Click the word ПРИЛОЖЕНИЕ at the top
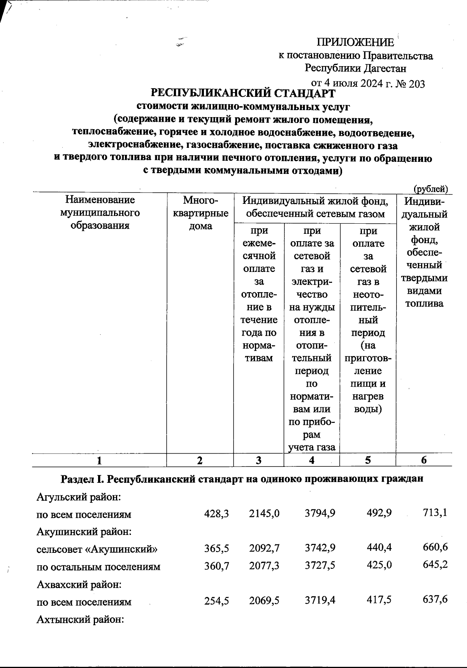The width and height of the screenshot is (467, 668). point(355,42)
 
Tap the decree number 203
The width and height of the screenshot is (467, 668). point(417,83)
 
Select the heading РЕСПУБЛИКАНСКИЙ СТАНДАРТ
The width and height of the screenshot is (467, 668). point(242,93)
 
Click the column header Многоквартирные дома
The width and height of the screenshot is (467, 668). point(200,213)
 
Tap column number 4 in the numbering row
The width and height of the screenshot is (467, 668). point(312,460)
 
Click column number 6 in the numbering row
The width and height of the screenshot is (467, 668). point(424,460)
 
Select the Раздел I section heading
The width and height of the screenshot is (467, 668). point(242,479)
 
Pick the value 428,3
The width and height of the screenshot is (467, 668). point(216,514)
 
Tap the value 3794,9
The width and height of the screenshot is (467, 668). point(320,514)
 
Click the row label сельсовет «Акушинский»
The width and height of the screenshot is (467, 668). point(97,549)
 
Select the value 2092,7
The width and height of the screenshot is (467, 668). point(264,548)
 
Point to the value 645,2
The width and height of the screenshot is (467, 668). point(435,565)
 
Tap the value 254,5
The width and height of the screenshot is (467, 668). point(216,601)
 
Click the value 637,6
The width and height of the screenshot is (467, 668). point(435,600)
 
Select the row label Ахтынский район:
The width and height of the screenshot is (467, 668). point(80,619)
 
